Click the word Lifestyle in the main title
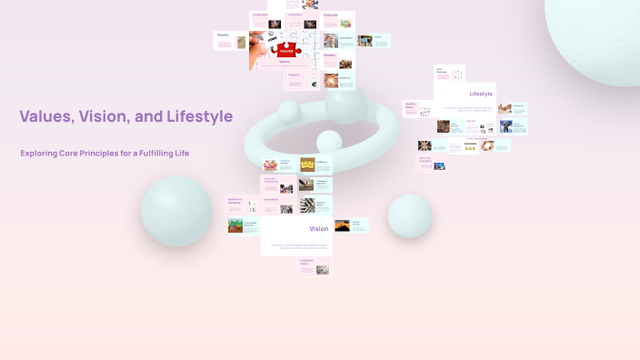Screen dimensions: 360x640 (198, 116)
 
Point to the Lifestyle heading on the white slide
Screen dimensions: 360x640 (481, 94)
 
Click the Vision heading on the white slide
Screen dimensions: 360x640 (318, 228)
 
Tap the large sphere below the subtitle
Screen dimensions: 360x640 (176, 211)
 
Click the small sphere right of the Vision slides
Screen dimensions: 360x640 (409, 215)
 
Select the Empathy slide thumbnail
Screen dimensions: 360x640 (231, 41)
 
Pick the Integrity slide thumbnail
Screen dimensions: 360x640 (302, 81)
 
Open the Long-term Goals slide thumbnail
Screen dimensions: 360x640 (315, 267)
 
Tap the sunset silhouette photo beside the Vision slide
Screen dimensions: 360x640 (342, 225)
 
